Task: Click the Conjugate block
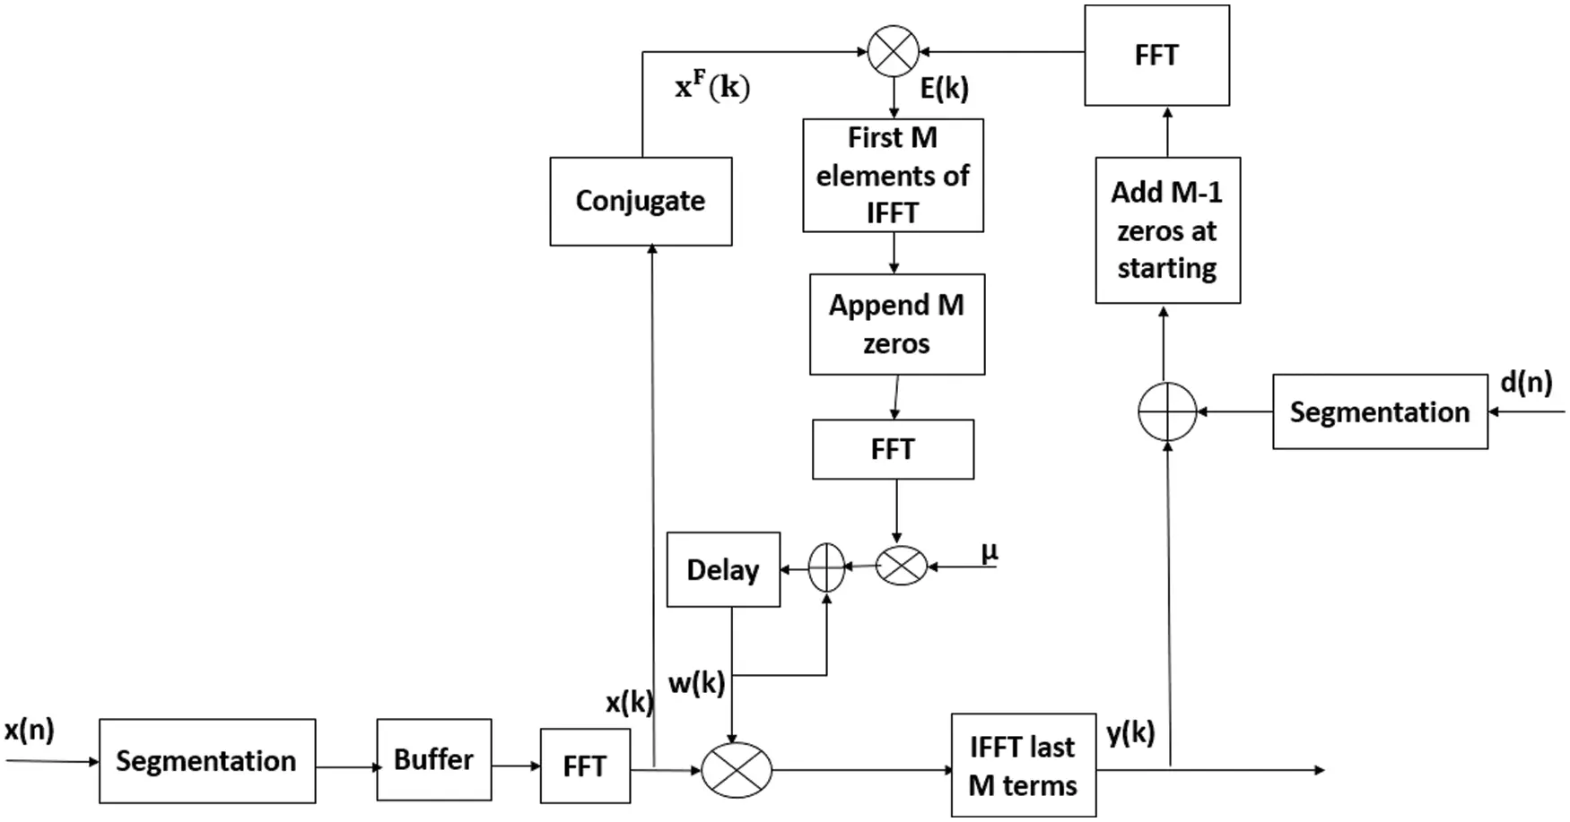pyautogui.click(x=641, y=201)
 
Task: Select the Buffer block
pyautogui.click(x=433, y=759)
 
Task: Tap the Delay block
pyautogui.click(x=723, y=569)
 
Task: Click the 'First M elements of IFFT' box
pyautogui.click(x=893, y=176)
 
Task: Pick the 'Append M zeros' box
pyautogui.click(x=896, y=324)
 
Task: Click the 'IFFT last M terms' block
pyautogui.click(x=1023, y=766)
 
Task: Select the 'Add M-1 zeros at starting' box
pyautogui.click(x=1167, y=230)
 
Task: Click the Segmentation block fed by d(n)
pyautogui.click(x=1379, y=412)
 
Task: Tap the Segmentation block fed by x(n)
pyautogui.click(x=206, y=761)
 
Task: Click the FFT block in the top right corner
pyautogui.click(x=1156, y=56)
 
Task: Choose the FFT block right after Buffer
pyautogui.click(x=585, y=766)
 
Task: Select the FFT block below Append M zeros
pyautogui.click(x=893, y=449)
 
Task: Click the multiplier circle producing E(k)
pyautogui.click(x=894, y=51)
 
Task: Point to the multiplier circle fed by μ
pyautogui.click(x=901, y=566)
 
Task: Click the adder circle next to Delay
pyautogui.click(x=826, y=567)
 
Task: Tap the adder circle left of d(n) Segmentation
pyautogui.click(x=1167, y=412)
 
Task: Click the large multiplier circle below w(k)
pyautogui.click(x=736, y=770)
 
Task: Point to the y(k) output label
pyautogui.click(x=1130, y=732)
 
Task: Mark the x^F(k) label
pyautogui.click(x=712, y=87)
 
